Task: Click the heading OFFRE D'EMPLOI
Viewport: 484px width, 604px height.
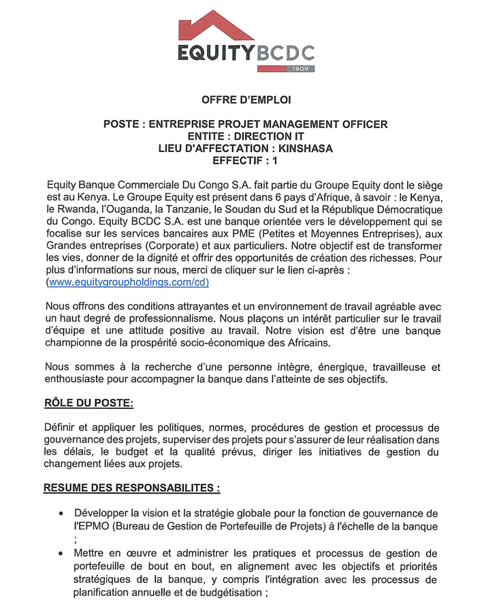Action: click(246, 100)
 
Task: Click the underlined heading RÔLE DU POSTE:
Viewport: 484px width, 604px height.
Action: click(88, 403)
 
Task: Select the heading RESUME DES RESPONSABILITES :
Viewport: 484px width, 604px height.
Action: click(132, 488)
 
